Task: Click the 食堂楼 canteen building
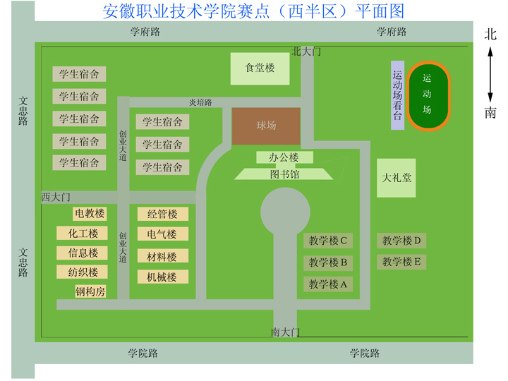tap(260, 68)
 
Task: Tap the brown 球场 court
tap(266, 126)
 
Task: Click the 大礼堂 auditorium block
tap(396, 178)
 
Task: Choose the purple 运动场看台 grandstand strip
tap(397, 95)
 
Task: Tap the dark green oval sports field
tap(427, 96)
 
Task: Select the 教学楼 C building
tap(328, 241)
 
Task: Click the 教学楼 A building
tap(328, 284)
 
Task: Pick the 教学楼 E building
tap(401, 262)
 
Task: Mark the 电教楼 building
tap(90, 213)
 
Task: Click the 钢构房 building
tap(90, 291)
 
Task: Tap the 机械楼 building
tap(162, 277)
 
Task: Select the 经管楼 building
tap(162, 214)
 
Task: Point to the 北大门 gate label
tap(306, 52)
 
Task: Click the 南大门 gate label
tap(286, 332)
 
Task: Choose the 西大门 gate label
tap(56, 196)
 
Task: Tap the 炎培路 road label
tap(200, 102)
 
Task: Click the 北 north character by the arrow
tap(490, 34)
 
